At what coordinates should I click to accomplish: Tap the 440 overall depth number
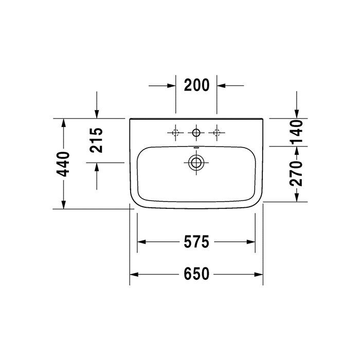point(63,164)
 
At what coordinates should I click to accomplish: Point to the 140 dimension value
point(296,132)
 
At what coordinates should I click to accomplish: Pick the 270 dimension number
point(296,173)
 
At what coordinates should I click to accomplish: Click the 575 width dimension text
point(196,242)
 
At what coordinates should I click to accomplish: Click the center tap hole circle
point(195,133)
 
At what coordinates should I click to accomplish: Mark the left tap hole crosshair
point(175,133)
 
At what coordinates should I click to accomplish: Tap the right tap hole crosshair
point(217,133)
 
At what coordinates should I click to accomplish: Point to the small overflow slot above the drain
point(195,149)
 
